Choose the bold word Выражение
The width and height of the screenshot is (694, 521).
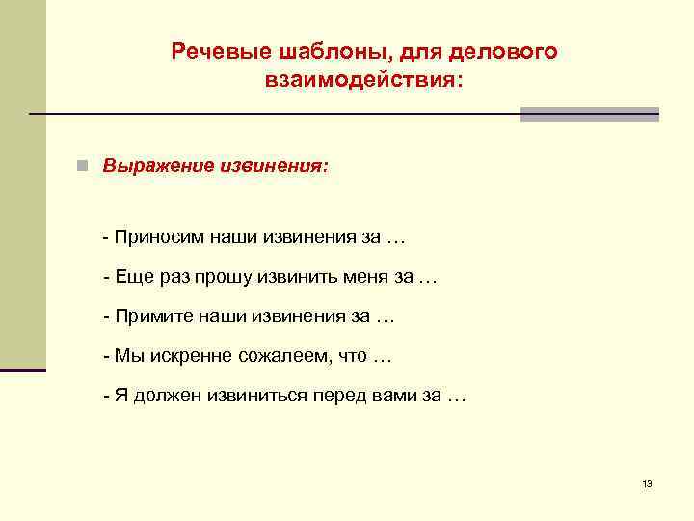pos(153,165)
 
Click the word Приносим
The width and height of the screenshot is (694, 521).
pos(155,237)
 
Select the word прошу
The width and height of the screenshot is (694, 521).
pos(222,278)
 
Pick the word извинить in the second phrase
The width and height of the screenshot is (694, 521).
pos(294,278)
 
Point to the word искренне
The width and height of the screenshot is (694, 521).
pos(186,356)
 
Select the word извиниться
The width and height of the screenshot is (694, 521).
pos(253,397)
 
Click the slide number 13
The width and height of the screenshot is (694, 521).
pos(647,483)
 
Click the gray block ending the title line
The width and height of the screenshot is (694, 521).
pos(589,114)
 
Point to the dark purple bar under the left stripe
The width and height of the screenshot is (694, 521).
pos(23,370)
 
